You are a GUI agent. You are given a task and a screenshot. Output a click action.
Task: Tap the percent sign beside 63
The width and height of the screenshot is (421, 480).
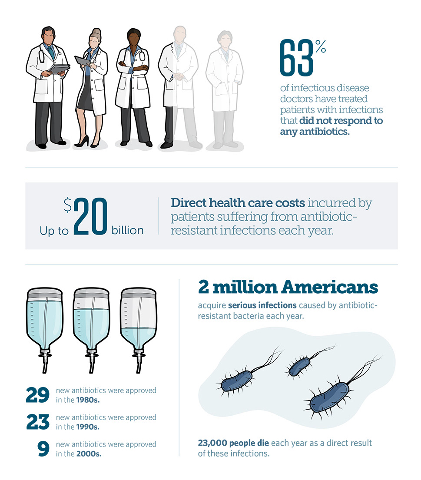[320, 47]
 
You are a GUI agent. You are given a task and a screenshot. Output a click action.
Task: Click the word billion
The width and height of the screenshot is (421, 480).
[127, 230]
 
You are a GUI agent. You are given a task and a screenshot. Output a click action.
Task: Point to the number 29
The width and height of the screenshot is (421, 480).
[37, 395]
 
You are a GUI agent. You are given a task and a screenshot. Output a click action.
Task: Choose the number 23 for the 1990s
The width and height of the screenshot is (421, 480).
[37, 422]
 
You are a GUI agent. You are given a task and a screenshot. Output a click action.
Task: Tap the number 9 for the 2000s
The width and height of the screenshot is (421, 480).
[43, 449]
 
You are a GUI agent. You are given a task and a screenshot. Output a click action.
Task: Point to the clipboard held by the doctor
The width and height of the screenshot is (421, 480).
[58, 68]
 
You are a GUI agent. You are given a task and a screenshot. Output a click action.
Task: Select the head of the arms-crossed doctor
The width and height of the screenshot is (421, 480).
[133, 38]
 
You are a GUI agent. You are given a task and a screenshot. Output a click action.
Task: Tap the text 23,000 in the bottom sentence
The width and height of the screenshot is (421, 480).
[212, 443]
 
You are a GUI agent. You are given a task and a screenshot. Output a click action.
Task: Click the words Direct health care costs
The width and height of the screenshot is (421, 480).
[238, 202]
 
